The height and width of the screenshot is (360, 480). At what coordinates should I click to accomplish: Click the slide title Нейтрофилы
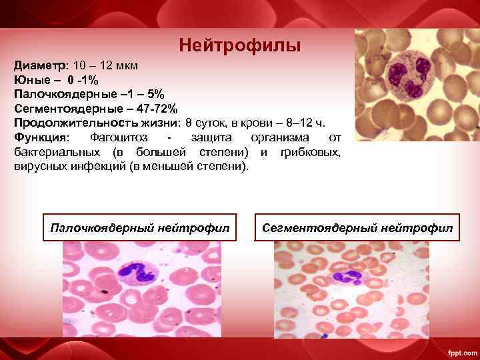click(x=240, y=46)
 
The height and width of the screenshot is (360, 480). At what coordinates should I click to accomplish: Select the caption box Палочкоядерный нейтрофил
click(x=140, y=229)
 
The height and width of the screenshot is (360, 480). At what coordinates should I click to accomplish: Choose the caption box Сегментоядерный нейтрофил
click(x=357, y=229)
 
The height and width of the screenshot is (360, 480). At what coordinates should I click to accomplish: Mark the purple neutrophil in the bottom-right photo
click(x=347, y=279)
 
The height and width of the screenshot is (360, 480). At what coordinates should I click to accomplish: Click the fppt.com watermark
click(x=459, y=351)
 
